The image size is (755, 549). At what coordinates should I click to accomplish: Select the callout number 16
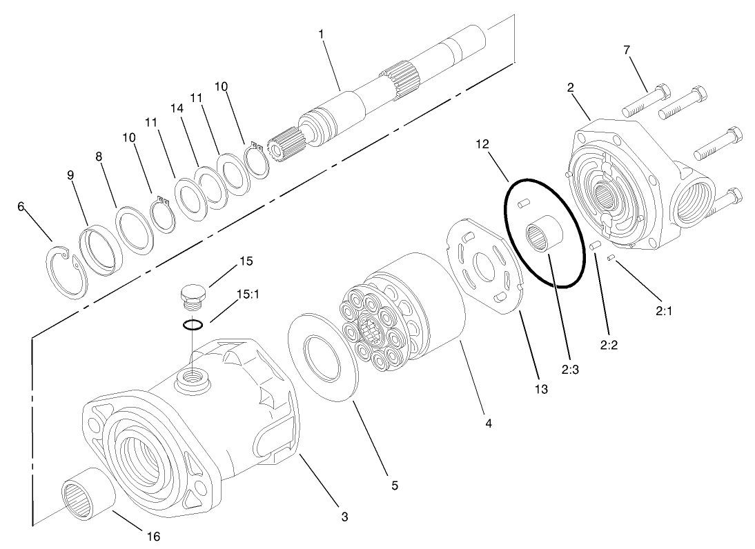[x=154, y=536]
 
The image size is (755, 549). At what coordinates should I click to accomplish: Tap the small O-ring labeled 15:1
[x=193, y=325]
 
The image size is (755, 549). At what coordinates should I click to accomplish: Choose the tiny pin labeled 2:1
[x=611, y=258]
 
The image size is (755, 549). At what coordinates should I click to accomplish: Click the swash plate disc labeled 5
[x=323, y=355]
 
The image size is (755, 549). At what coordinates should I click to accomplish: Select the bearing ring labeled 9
[x=99, y=249]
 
